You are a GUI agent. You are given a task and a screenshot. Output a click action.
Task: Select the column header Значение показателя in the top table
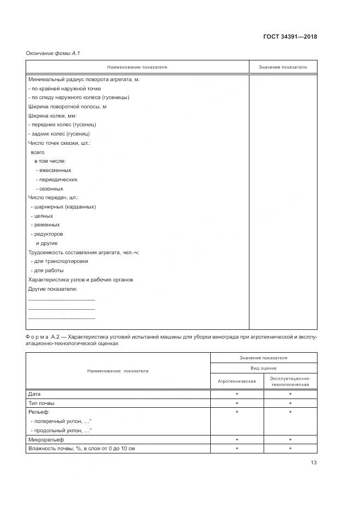coord(283,68)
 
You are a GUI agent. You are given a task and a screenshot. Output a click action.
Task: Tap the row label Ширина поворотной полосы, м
coord(67,107)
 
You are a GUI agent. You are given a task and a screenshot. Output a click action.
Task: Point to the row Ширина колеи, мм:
coord(52,116)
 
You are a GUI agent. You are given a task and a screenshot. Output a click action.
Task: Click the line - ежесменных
coord(53,170)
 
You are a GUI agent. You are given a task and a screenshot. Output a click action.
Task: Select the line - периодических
coord(57,180)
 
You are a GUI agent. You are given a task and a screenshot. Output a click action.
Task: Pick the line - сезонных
coord(51,188)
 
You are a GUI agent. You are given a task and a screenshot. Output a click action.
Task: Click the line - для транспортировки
coord(59,261)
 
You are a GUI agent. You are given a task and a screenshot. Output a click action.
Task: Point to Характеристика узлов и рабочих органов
coord(81,280)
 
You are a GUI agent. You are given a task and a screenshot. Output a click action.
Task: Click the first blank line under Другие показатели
coord(61,299)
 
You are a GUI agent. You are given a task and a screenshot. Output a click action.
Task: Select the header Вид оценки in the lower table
coord(264,369)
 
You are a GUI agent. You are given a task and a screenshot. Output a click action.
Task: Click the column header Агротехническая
coord(237,381)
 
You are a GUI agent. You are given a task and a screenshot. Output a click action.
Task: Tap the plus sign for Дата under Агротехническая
coord(237,394)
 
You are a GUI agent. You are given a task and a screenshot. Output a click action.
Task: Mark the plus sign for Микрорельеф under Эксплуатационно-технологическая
coord(290,439)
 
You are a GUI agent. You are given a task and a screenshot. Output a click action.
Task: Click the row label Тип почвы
coord(41,403)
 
